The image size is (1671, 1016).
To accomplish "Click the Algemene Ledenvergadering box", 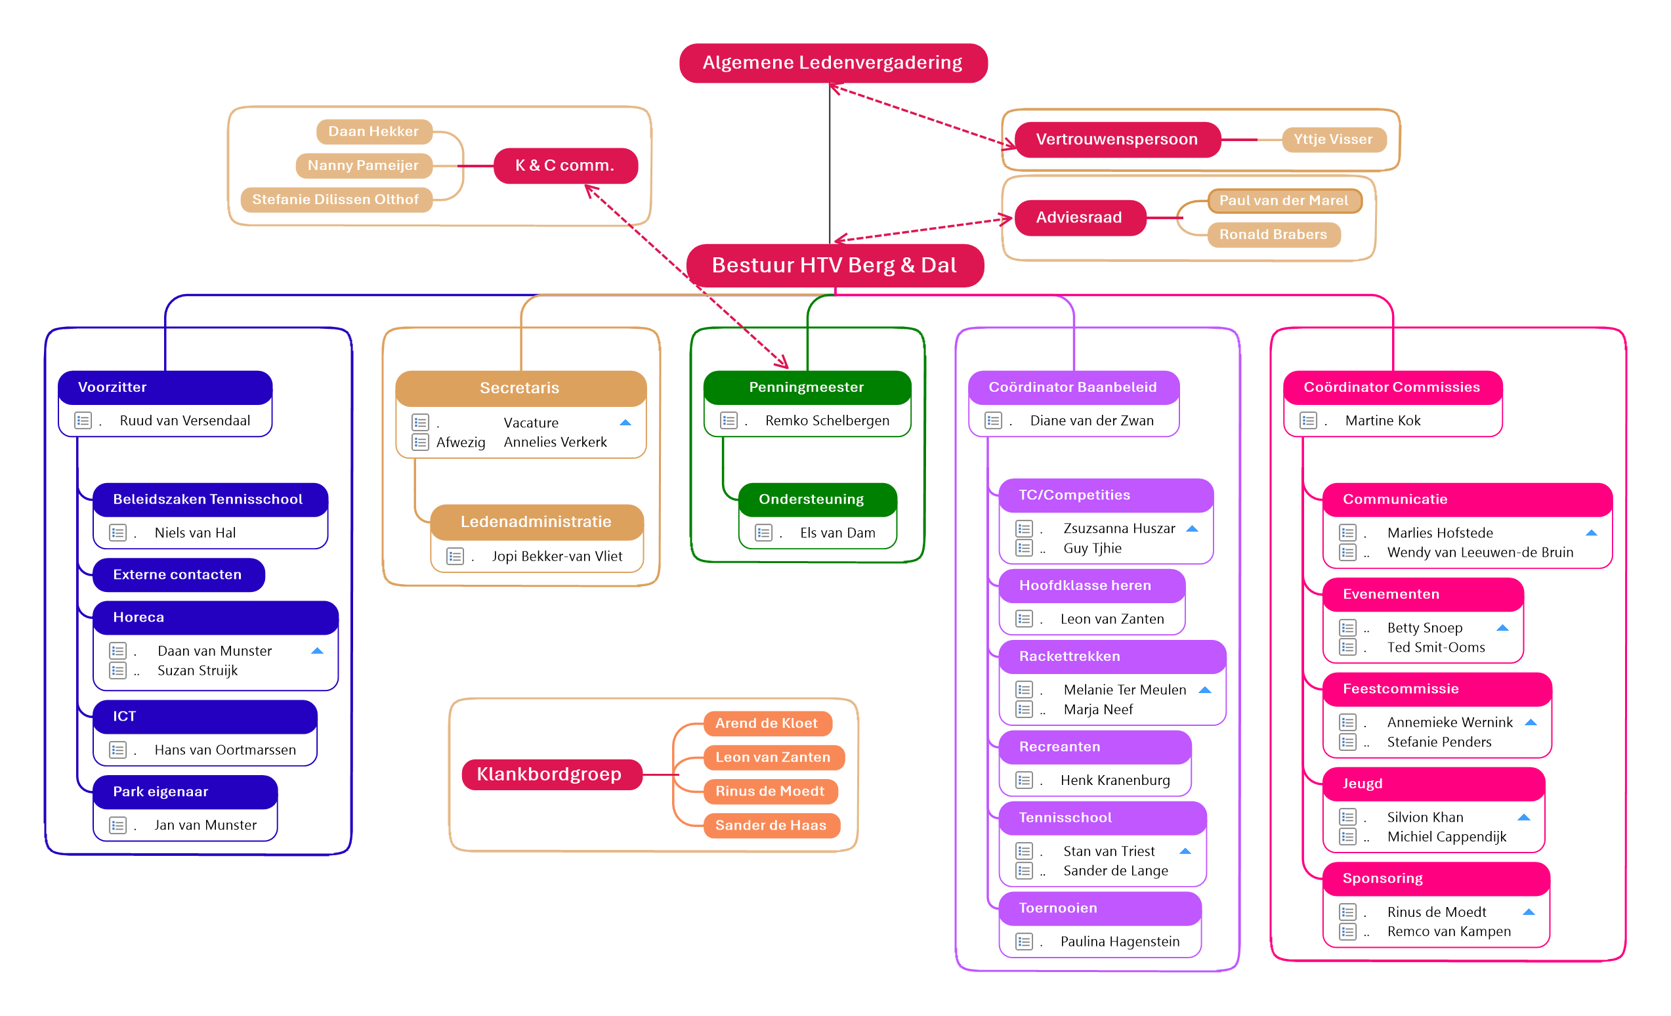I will (833, 63).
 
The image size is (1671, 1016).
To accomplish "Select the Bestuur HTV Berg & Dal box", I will (834, 265).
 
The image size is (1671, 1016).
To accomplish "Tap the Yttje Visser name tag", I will (1332, 140).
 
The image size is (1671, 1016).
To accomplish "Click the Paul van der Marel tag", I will (1284, 201).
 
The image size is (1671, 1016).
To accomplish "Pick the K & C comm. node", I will (565, 165).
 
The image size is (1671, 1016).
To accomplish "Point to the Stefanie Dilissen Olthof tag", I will (335, 200).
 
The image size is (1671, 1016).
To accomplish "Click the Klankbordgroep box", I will (550, 774).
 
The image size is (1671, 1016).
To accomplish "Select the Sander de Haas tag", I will (771, 826).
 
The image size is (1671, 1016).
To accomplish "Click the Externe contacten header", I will (178, 574).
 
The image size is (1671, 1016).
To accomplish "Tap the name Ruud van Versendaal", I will (184, 421).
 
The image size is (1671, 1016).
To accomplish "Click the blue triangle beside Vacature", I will (625, 423).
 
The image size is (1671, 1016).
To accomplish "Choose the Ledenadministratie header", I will (536, 522).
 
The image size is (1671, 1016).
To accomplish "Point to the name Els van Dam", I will (837, 533).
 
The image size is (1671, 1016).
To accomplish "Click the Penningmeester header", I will (807, 387).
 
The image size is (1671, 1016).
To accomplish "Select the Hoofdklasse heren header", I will (1085, 585).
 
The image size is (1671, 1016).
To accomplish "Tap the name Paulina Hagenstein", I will (1120, 941).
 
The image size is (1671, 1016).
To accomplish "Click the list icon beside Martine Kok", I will (1308, 421).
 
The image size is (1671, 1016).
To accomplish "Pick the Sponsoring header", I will (1384, 878).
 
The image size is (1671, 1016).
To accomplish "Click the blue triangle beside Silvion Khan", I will (1524, 817).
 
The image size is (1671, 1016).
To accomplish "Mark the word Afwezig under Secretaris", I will (461, 443).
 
